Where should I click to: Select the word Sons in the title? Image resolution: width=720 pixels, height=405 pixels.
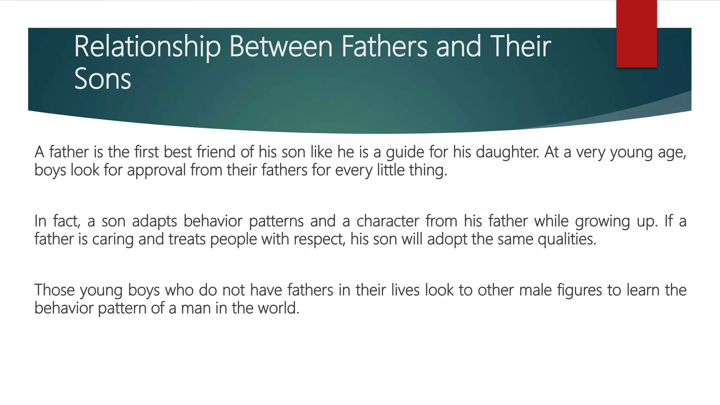coord(102,79)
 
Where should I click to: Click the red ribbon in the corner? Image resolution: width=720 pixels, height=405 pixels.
coord(636,33)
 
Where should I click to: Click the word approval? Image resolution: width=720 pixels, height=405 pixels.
coord(156,171)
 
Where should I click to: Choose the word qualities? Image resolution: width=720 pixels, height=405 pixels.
coord(567,239)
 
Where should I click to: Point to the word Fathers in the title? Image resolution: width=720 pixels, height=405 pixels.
coord(384,47)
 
